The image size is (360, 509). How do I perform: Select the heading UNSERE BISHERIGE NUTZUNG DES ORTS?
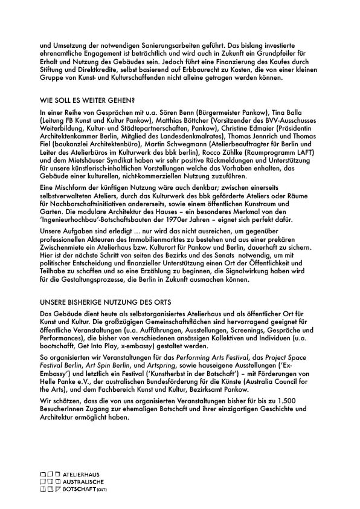(x=106, y=302)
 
